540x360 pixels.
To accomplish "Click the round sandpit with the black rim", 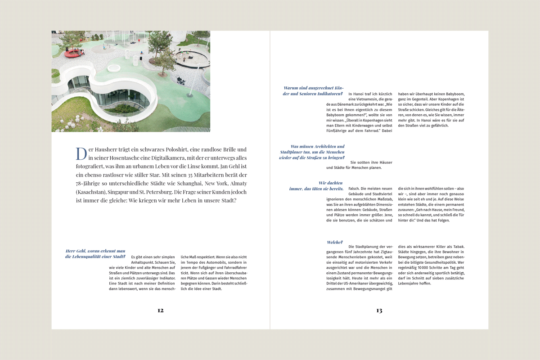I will coord(193,57).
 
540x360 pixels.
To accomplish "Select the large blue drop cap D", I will coord(81,153).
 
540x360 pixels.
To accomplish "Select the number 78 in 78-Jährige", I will coord(80,184).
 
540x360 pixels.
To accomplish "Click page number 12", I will coord(160,310).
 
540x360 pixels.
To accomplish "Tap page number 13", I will coord(379,310).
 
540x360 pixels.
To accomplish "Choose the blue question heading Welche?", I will coord(335,243).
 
